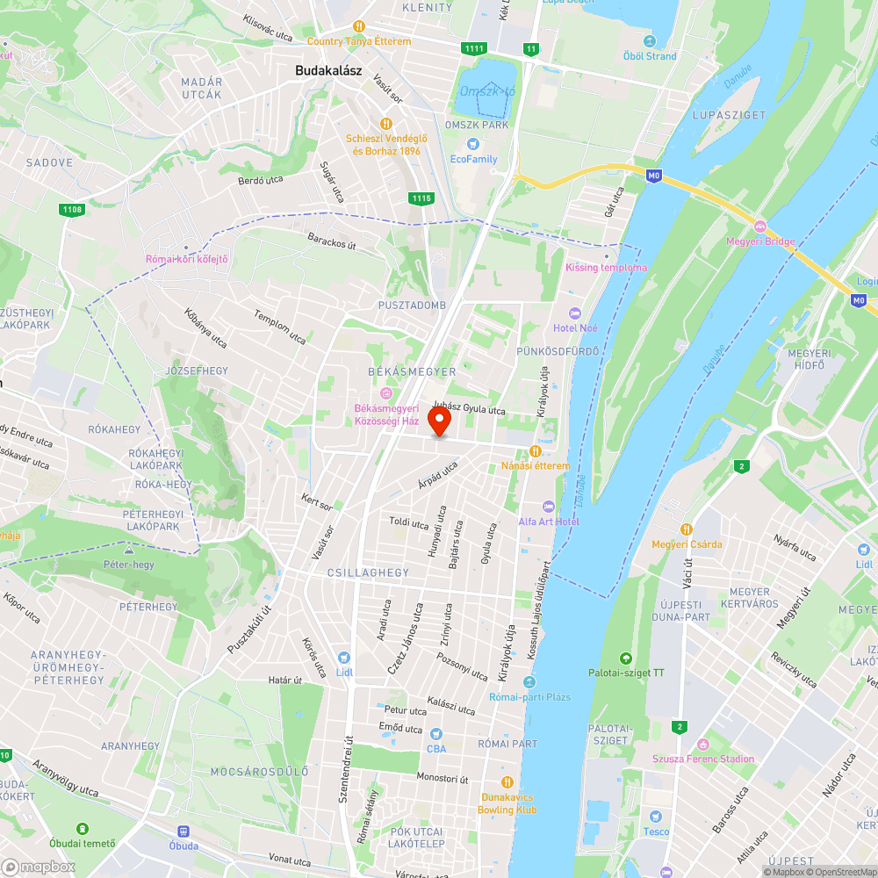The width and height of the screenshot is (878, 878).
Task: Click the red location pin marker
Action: (x=439, y=422)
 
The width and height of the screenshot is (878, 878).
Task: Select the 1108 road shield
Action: (x=72, y=210)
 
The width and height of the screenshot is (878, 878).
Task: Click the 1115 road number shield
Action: (x=421, y=198)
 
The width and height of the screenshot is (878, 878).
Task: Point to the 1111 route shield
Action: (x=474, y=48)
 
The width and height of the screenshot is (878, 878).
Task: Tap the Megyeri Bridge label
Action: (x=760, y=241)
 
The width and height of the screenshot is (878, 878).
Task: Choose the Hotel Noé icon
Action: (x=575, y=313)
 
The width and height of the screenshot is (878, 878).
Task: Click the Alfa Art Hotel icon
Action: (x=549, y=507)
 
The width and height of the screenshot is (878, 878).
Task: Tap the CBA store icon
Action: (x=436, y=734)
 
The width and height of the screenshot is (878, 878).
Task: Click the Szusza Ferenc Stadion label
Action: (x=702, y=759)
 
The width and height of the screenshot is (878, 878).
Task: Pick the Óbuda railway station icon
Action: (x=184, y=831)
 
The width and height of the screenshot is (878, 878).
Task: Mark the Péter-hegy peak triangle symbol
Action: (x=129, y=551)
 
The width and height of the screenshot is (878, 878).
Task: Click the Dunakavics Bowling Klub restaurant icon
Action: (x=507, y=781)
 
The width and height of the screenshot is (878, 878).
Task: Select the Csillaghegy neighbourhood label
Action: (x=368, y=572)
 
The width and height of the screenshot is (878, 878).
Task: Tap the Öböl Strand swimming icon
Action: (x=650, y=41)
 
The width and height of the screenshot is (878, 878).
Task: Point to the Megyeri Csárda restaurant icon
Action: (x=687, y=529)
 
